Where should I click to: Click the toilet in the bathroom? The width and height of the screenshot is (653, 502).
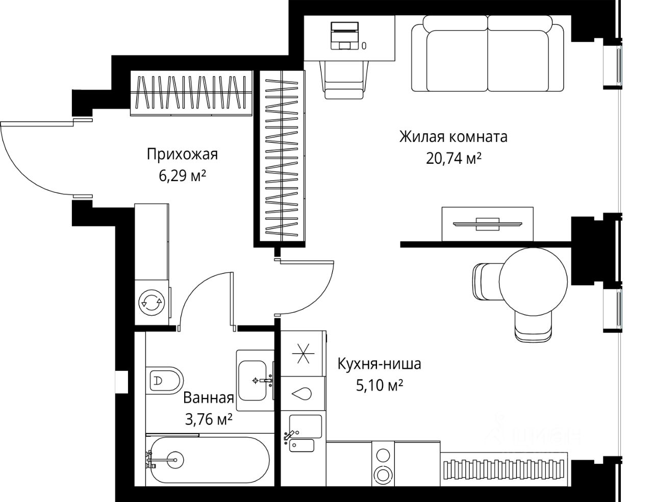[x=165, y=381]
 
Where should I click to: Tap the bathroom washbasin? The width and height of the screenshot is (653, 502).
[x=252, y=381]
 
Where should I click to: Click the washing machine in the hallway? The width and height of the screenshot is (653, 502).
[x=152, y=303]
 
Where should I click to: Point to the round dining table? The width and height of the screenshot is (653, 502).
[x=533, y=282]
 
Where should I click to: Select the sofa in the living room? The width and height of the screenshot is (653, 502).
[x=487, y=53]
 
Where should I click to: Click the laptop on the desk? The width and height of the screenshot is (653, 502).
[x=345, y=35]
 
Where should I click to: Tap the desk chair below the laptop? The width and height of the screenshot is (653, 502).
[x=344, y=80]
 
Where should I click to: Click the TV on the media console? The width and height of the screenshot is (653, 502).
[x=487, y=224]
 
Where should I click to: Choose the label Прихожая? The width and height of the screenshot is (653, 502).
[x=182, y=154]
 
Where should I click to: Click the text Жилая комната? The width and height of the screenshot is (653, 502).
[x=454, y=137]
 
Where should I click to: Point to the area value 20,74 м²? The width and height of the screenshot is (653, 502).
[x=454, y=158]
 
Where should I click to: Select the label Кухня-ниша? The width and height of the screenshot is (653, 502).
[x=379, y=364]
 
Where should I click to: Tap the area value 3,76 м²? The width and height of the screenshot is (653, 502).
[x=209, y=419]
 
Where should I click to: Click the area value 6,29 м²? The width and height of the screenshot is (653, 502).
[x=182, y=175]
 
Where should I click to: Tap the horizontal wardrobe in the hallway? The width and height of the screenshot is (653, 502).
[x=191, y=93]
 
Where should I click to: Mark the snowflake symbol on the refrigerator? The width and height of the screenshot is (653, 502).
[x=303, y=354]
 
